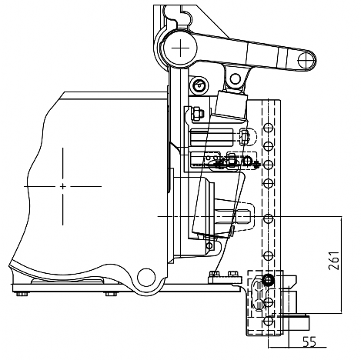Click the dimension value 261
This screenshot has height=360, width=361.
click(x=334, y=261)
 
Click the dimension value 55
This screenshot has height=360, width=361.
click(x=309, y=342)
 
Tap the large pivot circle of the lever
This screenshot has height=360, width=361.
click(x=180, y=48)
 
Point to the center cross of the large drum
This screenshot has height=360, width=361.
click(x=63, y=186)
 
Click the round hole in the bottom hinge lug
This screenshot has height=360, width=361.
click(x=146, y=277)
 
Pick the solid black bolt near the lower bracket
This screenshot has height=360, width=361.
click(x=268, y=280)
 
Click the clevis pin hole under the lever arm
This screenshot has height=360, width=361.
click(x=235, y=79)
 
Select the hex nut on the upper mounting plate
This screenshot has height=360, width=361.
click(x=196, y=113)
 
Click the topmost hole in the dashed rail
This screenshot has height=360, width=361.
click(x=268, y=127)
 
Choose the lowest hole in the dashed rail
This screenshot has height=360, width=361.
click(x=268, y=321)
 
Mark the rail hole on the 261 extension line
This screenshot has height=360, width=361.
click(x=268, y=218)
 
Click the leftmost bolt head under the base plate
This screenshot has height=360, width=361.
click(x=22, y=294)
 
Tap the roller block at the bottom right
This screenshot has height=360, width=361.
click(x=296, y=324)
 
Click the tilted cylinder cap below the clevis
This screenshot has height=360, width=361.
click(x=231, y=105)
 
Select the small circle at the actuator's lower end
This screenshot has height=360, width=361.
click(x=209, y=245)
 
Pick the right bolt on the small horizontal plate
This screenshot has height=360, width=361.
click(x=232, y=274)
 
